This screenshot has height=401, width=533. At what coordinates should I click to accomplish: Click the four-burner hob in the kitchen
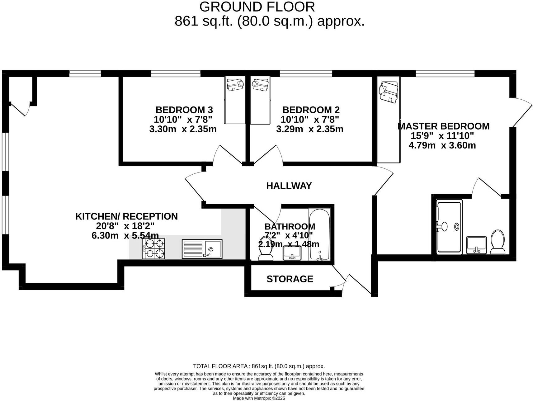pos(153,248)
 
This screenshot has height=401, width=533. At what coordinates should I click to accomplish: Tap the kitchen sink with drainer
pos(202,249)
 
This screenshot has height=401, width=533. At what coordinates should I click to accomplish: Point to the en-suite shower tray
pos(449,227)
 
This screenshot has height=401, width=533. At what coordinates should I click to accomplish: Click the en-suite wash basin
pos(476,245)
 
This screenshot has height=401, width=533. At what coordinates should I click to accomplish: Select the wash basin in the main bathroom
pos(292,253)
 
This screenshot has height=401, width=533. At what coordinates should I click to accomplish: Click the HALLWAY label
pos(289,186)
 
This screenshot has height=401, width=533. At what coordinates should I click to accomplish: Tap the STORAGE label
pos(290,279)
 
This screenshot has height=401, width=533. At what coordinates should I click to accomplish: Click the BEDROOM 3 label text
pos(184,110)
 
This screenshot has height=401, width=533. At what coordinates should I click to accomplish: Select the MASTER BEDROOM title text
pos(443,126)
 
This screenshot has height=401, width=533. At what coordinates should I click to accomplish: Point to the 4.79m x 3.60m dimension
pos(442,145)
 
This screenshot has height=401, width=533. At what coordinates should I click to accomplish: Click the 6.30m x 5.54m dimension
pos(125,235)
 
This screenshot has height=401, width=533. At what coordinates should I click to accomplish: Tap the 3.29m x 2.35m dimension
pos(309,129)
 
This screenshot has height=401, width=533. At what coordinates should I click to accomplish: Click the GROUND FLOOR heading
pos(257,7)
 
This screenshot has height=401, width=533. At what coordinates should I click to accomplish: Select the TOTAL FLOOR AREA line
pos(259,366)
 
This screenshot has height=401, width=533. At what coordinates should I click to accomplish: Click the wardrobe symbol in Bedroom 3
pos(235,100)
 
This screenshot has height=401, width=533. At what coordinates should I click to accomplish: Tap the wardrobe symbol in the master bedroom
pos(388,120)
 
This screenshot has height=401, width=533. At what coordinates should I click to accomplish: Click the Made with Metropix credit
pos(259,398)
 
